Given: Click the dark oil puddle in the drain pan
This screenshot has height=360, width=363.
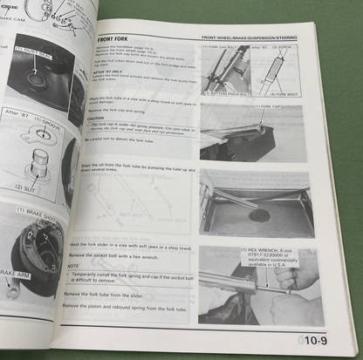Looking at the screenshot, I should (x=257, y=214).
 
